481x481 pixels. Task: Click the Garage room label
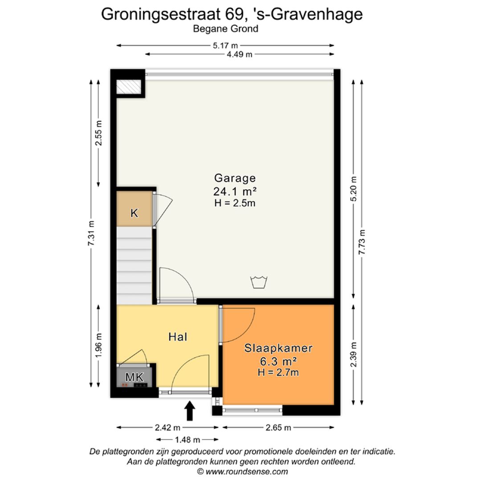[235, 178]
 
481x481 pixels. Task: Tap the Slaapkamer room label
[278, 348]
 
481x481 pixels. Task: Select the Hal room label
[177, 337]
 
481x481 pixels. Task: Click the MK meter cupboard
[135, 377]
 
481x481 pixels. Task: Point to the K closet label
[134, 213]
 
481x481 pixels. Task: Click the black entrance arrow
[190, 411]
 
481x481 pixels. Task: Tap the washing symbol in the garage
[259, 282]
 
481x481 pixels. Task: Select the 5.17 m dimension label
[225, 45]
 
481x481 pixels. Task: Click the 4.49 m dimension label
[240, 54]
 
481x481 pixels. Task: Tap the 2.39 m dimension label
[353, 355]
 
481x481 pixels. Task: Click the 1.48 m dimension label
[188, 440]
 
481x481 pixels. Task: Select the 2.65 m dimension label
[278, 428]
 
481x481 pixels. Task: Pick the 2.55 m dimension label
[99, 133]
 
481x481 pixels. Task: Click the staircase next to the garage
[134, 265]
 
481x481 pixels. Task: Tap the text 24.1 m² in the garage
[236, 192]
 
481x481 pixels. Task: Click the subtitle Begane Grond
[225, 29]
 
